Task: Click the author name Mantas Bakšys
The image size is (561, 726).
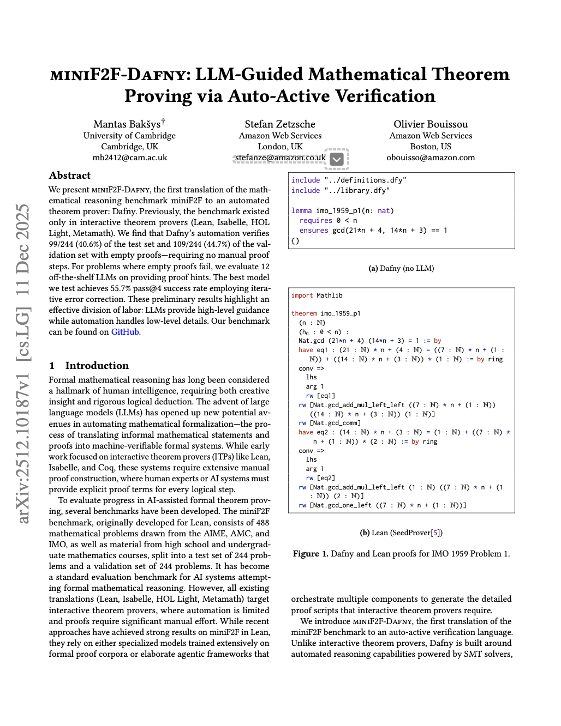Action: pyautogui.click(x=127, y=124)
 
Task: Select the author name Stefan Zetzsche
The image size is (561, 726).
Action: pyautogui.click(x=280, y=124)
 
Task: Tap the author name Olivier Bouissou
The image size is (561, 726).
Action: pyautogui.click(x=431, y=124)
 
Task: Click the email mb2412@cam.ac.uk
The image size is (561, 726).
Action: pyautogui.click(x=129, y=158)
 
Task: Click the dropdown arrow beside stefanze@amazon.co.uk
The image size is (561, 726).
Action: pyautogui.click(x=337, y=159)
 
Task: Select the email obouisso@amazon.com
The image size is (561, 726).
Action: pyautogui.click(x=431, y=158)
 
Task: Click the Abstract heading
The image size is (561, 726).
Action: pyautogui.click(x=70, y=176)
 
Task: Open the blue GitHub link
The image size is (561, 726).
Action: pyautogui.click(x=125, y=332)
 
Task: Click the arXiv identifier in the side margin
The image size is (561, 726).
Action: pyautogui.click(x=23, y=364)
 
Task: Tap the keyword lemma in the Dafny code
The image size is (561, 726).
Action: pyautogui.click(x=301, y=211)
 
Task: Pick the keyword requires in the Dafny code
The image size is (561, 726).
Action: pyautogui.click(x=315, y=221)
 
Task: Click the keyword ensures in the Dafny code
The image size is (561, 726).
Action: pyautogui.click(x=314, y=231)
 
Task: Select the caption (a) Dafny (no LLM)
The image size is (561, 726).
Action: pyautogui.click(x=401, y=268)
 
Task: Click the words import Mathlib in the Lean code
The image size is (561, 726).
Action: pyautogui.click(x=317, y=295)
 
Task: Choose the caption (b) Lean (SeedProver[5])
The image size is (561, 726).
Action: pyautogui.click(x=401, y=533)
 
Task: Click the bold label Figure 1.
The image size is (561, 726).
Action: pyautogui.click(x=311, y=554)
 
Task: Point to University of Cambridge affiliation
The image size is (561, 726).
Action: pyautogui.click(x=129, y=136)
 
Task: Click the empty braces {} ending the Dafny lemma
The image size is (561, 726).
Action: pyautogui.click(x=295, y=240)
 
